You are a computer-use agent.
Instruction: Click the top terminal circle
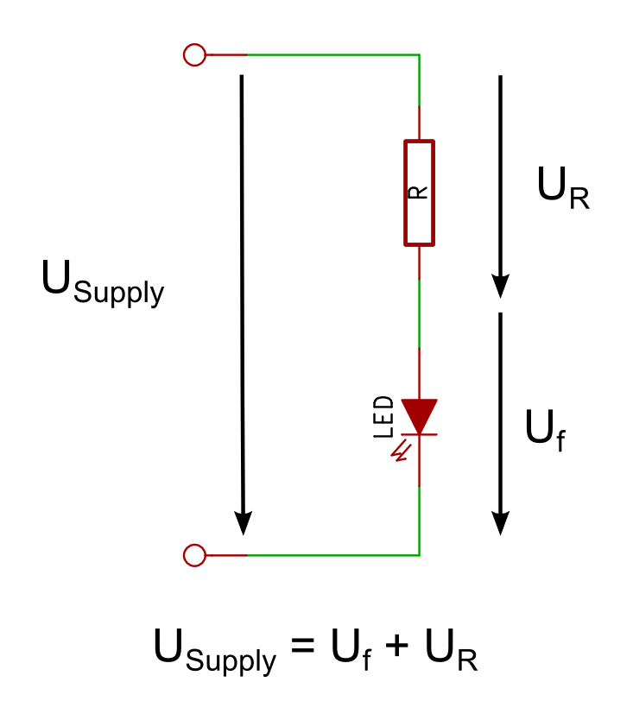click(195, 55)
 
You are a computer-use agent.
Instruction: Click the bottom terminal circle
click(195, 555)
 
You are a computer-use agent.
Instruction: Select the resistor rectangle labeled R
click(420, 193)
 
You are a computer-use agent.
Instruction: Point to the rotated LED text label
click(384, 417)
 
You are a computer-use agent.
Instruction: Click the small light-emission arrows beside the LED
click(400, 451)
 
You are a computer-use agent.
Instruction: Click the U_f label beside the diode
click(545, 430)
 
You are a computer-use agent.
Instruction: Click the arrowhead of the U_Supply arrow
click(244, 521)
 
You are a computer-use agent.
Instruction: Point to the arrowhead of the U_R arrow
click(500, 285)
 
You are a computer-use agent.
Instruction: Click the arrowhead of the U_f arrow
click(500, 521)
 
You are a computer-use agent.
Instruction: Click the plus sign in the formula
click(394, 649)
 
